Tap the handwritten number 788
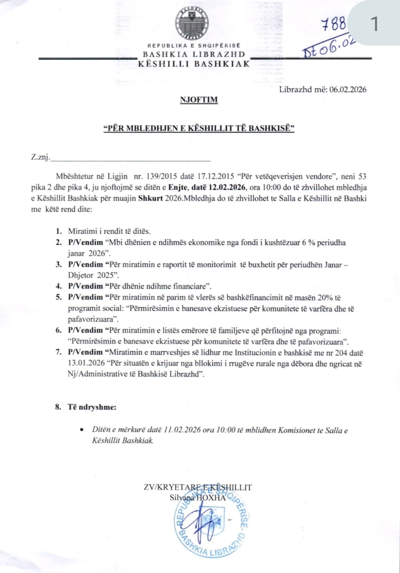coord(333,24)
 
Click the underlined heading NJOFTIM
coord(199,100)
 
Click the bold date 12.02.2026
coord(225,187)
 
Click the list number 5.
coord(58,297)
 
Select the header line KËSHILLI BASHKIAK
coord(194,63)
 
